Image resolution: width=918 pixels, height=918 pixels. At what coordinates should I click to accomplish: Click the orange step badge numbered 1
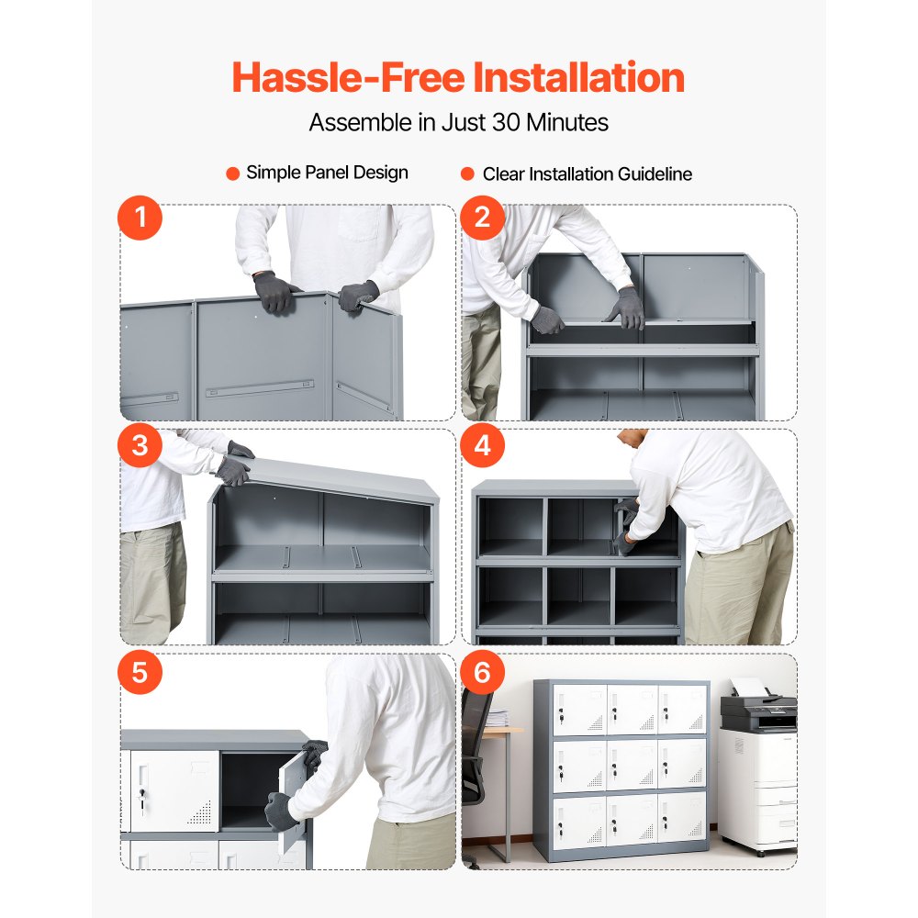[140, 219]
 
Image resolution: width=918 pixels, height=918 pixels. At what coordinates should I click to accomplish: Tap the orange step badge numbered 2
[483, 219]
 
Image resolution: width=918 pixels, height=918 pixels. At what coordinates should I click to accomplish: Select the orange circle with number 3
[140, 445]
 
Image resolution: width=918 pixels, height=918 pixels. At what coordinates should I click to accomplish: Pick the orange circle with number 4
[483, 445]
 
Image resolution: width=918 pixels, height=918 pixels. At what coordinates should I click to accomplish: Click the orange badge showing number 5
[140, 672]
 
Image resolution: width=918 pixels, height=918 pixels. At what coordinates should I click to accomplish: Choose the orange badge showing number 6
[483, 672]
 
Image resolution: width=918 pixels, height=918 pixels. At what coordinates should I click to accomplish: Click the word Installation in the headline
[578, 77]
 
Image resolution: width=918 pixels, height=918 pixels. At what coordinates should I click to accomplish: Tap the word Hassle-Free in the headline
[348, 77]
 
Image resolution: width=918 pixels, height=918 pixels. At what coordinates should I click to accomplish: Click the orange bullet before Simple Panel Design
[233, 173]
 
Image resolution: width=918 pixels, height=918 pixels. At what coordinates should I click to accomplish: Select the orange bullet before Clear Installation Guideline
[466, 174]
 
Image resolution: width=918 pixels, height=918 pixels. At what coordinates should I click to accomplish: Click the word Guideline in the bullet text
[655, 174]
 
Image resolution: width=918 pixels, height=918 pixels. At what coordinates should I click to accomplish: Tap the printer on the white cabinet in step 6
[758, 708]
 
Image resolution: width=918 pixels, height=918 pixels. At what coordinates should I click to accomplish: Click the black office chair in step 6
[475, 744]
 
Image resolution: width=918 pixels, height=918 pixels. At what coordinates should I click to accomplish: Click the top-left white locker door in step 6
[577, 710]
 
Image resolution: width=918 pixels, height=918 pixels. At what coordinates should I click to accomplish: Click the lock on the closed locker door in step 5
[140, 797]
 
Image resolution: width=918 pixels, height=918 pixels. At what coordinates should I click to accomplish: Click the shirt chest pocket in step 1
[360, 222]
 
